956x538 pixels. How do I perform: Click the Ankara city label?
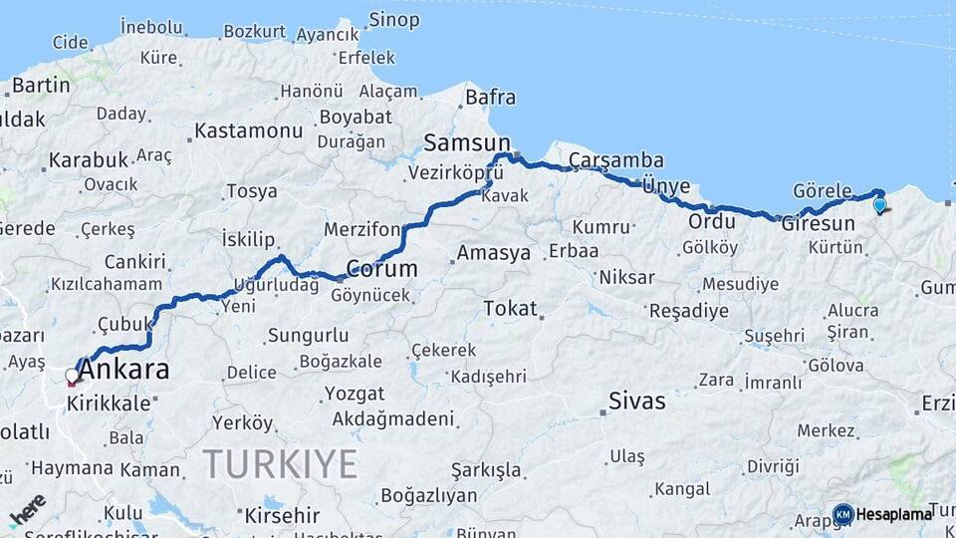pos(122,371)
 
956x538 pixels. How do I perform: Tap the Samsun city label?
pos(466,141)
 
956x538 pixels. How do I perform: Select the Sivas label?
pos(636,402)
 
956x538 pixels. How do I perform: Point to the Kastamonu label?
pos(248,131)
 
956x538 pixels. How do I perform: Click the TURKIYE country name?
pos(280,464)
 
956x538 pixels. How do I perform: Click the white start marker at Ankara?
pos(72,377)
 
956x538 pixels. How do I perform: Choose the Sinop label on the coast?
pos(393,20)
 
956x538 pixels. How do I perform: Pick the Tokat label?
pos(510,309)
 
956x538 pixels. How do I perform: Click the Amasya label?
pos(493,253)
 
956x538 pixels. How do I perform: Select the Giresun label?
pos(819,223)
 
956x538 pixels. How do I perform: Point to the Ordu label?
pos(712,221)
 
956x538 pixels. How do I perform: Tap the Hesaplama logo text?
pos(893,514)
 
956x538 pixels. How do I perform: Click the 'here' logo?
pos(28,509)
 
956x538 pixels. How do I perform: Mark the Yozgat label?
pos(355,394)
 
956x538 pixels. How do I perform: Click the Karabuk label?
pos(89,159)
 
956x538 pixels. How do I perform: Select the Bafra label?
pos(490,97)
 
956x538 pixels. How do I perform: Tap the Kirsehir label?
pos(279,515)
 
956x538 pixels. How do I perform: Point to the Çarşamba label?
pos(615,160)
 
